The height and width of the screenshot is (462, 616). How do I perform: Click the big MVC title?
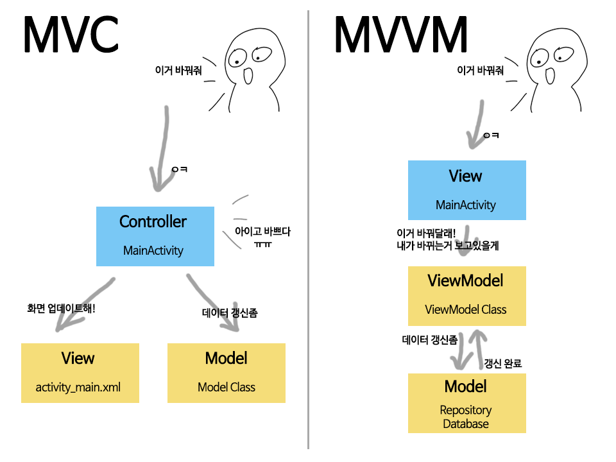click(71, 35)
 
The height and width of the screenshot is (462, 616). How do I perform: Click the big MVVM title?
click(400, 35)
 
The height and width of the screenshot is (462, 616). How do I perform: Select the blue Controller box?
click(155, 236)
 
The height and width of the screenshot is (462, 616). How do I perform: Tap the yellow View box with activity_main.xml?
click(80, 373)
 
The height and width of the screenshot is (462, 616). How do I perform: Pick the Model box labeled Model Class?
click(226, 373)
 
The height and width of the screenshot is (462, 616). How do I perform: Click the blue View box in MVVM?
click(466, 190)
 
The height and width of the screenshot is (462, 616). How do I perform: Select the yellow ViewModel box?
click(466, 296)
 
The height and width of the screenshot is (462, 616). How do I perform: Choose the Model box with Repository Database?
click(466, 403)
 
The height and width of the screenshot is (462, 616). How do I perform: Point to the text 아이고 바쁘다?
click(262, 232)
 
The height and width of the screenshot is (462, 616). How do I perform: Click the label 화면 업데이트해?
click(62, 309)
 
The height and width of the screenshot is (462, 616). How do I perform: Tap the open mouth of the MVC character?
click(247, 76)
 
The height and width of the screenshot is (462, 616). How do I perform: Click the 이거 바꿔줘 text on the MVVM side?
click(480, 70)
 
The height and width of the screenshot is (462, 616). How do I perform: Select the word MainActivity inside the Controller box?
click(153, 250)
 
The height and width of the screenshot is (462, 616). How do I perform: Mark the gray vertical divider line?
click(308, 231)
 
